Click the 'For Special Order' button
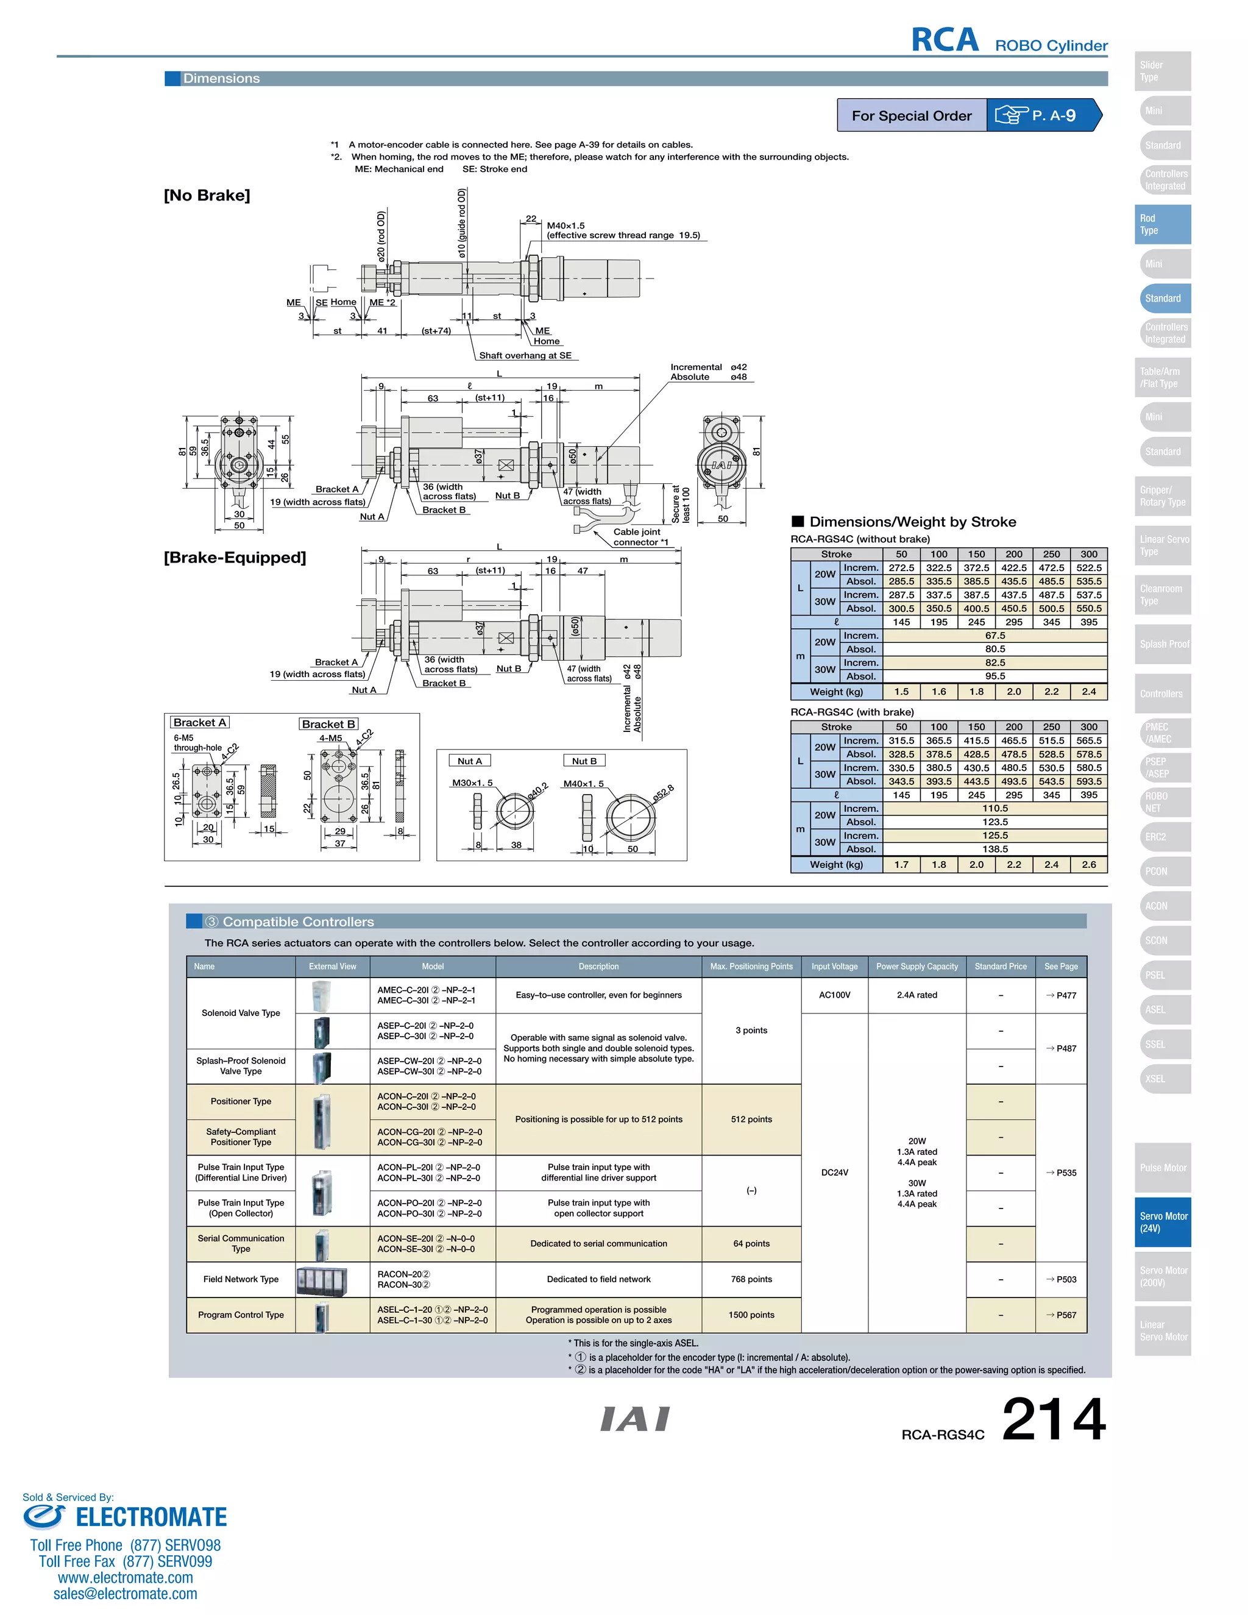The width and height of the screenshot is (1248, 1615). (x=911, y=115)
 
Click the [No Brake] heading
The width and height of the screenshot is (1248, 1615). (x=207, y=195)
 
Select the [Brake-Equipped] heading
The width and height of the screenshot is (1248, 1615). (x=235, y=558)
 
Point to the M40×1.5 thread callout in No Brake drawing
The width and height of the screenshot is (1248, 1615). (x=565, y=225)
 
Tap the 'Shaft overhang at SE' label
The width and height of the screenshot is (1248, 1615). (x=525, y=356)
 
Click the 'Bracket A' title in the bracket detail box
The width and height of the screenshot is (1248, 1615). (x=200, y=722)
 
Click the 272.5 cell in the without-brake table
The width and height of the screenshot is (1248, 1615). (x=901, y=568)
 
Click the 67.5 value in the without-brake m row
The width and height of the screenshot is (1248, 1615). (x=994, y=635)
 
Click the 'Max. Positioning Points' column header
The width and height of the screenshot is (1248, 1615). (x=751, y=967)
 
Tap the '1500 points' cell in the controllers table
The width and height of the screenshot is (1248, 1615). (x=751, y=1315)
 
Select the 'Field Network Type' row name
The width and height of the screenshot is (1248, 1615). (x=241, y=1279)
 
